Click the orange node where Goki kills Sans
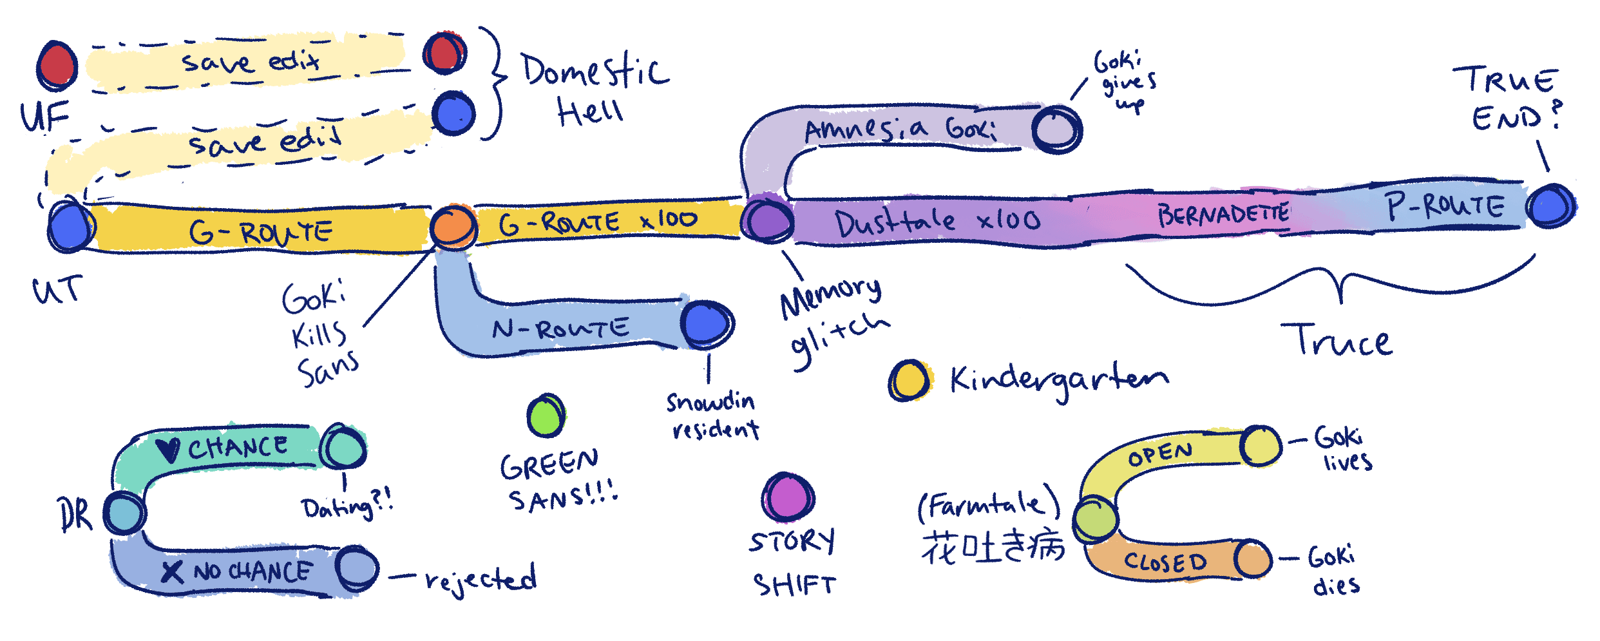point(453,227)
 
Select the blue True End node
point(1551,206)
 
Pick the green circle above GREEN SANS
point(546,416)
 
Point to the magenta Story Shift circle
point(788,497)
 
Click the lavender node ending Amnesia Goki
point(1056,129)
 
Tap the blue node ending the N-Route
point(707,323)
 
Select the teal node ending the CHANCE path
point(343,447)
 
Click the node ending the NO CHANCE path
point(356,568)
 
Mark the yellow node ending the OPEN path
point(1261,445)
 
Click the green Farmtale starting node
point(1095,519)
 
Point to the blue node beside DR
point(125,513)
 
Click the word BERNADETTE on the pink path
point(1223,214)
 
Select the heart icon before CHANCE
point(169,449)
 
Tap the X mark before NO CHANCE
point(172,571)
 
